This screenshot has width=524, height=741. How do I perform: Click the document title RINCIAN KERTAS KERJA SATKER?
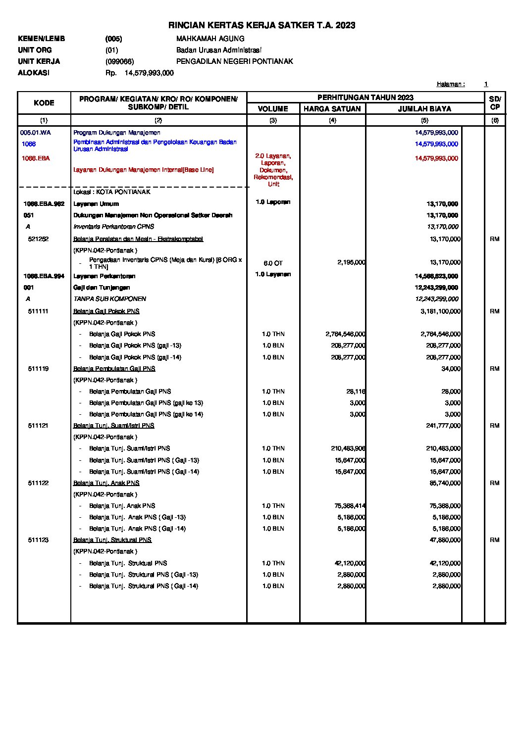pyautogui.click(x=262, y=25)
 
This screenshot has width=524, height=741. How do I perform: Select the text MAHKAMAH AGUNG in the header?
pyautogui.click(x=210, y=39)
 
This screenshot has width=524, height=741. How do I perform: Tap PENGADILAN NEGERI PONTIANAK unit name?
pyautogui.click(x=234, y=61)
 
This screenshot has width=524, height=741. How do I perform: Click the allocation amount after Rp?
pyautogui.click(x=149, y=73)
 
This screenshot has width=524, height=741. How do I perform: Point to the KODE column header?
pyautogui.click(x=44, y=103)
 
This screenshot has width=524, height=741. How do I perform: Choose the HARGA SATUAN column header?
pyautogui.click(x=332, y=109)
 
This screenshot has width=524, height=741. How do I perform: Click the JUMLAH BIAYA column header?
pyautogui.click(x=424, y=109)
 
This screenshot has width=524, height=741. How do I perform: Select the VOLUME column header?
pyautogui.click(x=273, y=109)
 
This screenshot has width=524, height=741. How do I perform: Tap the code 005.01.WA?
pyautogui.click(x=36, y=133)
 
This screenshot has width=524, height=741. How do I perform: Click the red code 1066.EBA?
pyautogui.click(x=36, y=158)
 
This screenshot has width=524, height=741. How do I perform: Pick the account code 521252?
pyautogui.click(x=38, y=239)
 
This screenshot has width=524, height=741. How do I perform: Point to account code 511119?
pyautogui.click(x=38, y=369)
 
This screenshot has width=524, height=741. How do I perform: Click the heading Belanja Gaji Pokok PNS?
pyautogui.click(x=106, y=311)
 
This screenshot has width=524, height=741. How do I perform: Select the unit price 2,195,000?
pyautogui.click(x=351, y=262)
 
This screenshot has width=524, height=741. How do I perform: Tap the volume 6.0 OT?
pyautogui.click(x=273, y=263)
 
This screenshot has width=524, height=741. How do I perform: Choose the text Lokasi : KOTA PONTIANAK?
pyautogui.click(x=112, y=192)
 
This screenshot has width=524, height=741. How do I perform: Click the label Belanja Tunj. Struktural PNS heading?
pyautogui.click(x=112, y=540)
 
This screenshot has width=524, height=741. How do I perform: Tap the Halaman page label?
pyautogui.click(x=450, y=84)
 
